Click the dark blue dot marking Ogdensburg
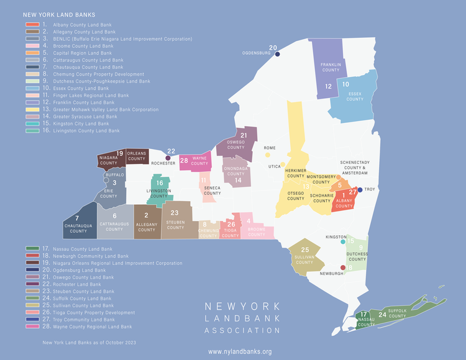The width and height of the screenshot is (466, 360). click(277, 55)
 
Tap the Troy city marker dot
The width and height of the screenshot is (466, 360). click(361, 189)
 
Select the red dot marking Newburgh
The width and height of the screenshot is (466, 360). click(343, 268)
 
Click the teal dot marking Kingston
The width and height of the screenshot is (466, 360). click(343, 241)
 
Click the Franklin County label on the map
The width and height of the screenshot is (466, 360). click(331, 67)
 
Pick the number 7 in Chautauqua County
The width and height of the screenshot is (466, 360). click(76, 218)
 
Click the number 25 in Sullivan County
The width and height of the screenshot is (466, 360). click(304, 250)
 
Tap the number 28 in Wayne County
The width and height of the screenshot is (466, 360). click(185, 160)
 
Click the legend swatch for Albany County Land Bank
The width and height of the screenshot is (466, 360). click(32, 24)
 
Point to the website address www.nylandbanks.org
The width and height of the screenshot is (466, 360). click(240, 352)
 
